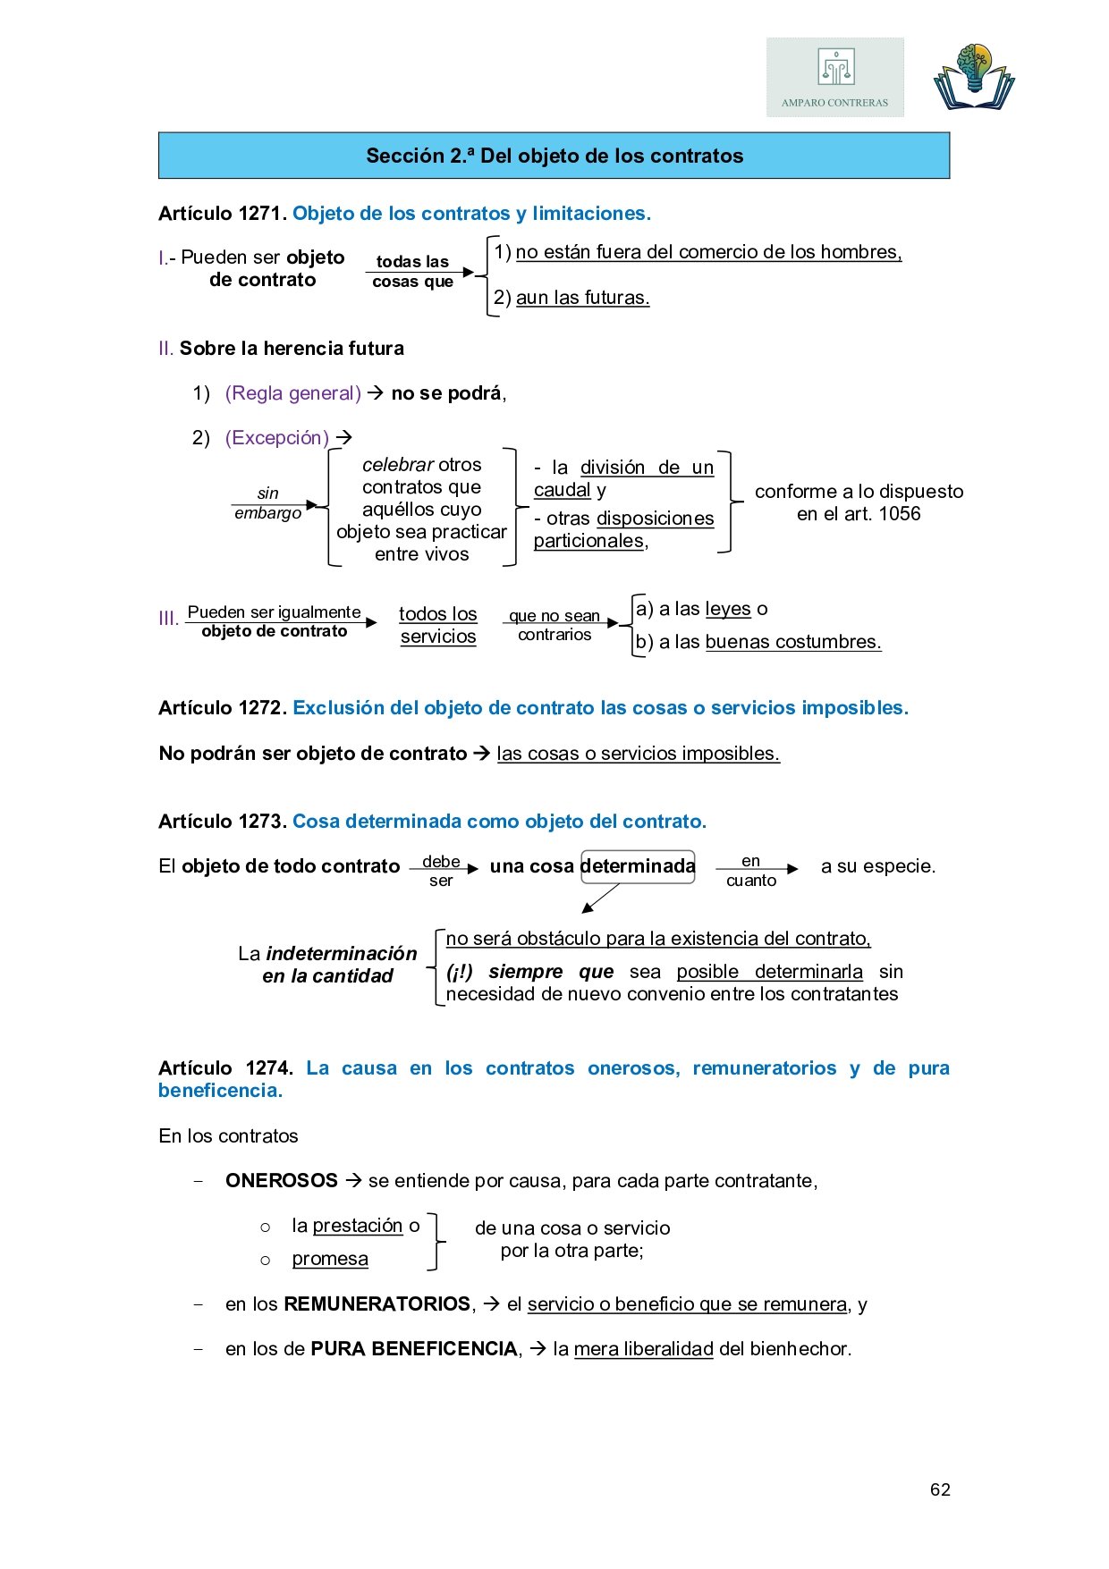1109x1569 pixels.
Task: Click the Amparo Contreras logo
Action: point(834,78)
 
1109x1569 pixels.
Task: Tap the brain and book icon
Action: point(974,77)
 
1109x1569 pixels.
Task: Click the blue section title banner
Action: point(554,156)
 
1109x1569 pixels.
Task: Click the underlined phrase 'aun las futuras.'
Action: point(582,298)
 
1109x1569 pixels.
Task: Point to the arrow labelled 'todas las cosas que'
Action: point(419,272)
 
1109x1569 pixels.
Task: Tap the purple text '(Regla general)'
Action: point(292,393)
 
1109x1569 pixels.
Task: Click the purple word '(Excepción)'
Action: point(277,438)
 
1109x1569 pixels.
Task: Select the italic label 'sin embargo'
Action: point(267,503)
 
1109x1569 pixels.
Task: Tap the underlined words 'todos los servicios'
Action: point(437,625)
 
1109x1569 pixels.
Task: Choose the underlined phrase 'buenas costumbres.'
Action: point(793,642)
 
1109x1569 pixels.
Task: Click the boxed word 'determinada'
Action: point(638,866)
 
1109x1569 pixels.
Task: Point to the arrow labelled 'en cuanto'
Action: point(756,869)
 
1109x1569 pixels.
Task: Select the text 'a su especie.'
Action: point(877,866)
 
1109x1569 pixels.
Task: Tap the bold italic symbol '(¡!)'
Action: point(460,972)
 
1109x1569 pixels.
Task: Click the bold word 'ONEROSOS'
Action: point(281,1181)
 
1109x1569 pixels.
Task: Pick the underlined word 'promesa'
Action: point(330,1259)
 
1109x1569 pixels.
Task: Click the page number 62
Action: point(940,1489)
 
